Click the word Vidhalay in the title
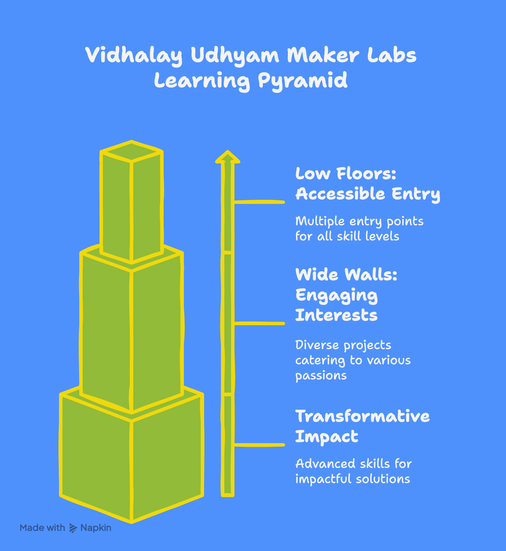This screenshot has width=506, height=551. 134,55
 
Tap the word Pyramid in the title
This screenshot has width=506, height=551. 302,81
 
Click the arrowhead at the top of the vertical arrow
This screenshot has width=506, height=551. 228,157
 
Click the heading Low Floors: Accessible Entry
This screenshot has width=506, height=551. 367,184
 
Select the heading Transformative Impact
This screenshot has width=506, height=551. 362,426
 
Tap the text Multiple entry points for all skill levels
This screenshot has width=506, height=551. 359,229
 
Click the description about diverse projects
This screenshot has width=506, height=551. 353,360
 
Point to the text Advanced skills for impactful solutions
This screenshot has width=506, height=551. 353,471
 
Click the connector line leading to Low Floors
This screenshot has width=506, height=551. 259,202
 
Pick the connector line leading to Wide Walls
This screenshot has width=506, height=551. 259,324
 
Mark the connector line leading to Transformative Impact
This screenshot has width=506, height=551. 259,445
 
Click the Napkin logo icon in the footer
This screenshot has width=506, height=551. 73,528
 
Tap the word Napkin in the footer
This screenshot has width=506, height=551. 96,528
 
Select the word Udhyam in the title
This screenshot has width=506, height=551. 235,55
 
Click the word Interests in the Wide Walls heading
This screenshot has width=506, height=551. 336,315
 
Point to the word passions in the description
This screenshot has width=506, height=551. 321,376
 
